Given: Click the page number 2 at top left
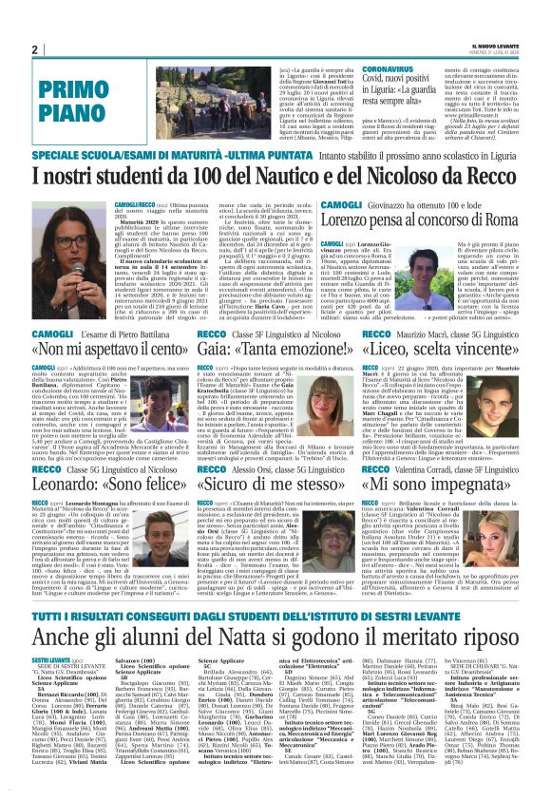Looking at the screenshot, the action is coord(34,49).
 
